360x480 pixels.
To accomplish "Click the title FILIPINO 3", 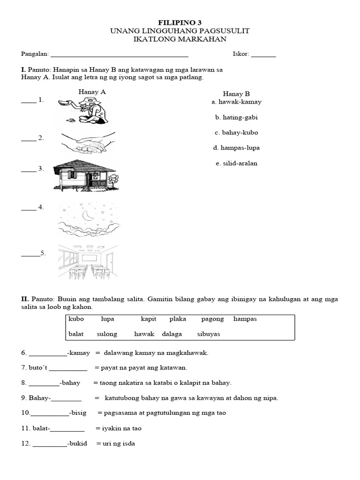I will (180, 22).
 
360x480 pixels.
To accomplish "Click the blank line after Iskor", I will (263, 54).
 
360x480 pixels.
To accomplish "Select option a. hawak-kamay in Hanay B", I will (236, 102).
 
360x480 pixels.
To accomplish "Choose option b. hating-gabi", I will (236, 117).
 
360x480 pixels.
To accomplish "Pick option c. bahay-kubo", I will (236, 133).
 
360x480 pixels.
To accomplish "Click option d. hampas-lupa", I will (236, 148).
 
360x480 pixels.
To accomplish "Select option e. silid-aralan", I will (236, 164).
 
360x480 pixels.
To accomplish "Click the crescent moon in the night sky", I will (88, 215).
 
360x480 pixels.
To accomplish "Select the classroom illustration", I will (88, 262).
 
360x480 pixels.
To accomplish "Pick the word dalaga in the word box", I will (172, 334).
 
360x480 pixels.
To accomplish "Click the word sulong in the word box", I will (107, 334).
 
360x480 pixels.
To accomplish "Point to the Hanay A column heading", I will (92, 92).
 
